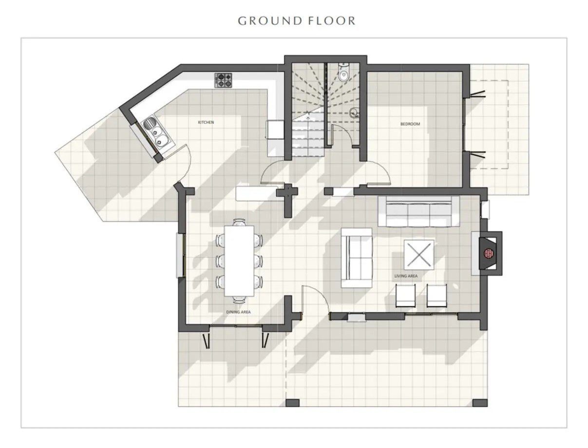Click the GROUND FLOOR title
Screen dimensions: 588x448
click(297, 20)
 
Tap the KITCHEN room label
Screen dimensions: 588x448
click(206, 122)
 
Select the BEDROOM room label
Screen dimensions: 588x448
click(410, 124)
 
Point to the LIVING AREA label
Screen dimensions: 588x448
click(406, 276)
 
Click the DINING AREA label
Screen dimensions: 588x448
click(238, 312)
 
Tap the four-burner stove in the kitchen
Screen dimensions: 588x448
click(223, 80)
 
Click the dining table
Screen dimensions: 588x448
click(239, 261)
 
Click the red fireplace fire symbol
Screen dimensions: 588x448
click(489, 253)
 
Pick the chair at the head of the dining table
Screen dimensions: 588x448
click(239, 222)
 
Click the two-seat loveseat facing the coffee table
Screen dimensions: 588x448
click(357, 258)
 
